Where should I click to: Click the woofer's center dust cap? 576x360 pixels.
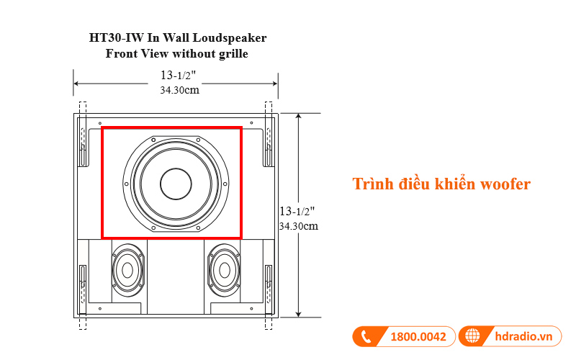176,184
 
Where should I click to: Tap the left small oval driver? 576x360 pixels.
127,270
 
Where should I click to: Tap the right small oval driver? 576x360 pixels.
224,270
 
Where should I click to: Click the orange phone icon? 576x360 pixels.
366,336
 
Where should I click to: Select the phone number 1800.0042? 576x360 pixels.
418,336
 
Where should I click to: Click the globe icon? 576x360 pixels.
473,336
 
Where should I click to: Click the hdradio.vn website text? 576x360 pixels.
523,336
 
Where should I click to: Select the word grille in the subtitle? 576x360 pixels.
230,53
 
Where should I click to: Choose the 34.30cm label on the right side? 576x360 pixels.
298,225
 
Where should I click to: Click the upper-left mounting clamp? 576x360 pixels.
82,144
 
